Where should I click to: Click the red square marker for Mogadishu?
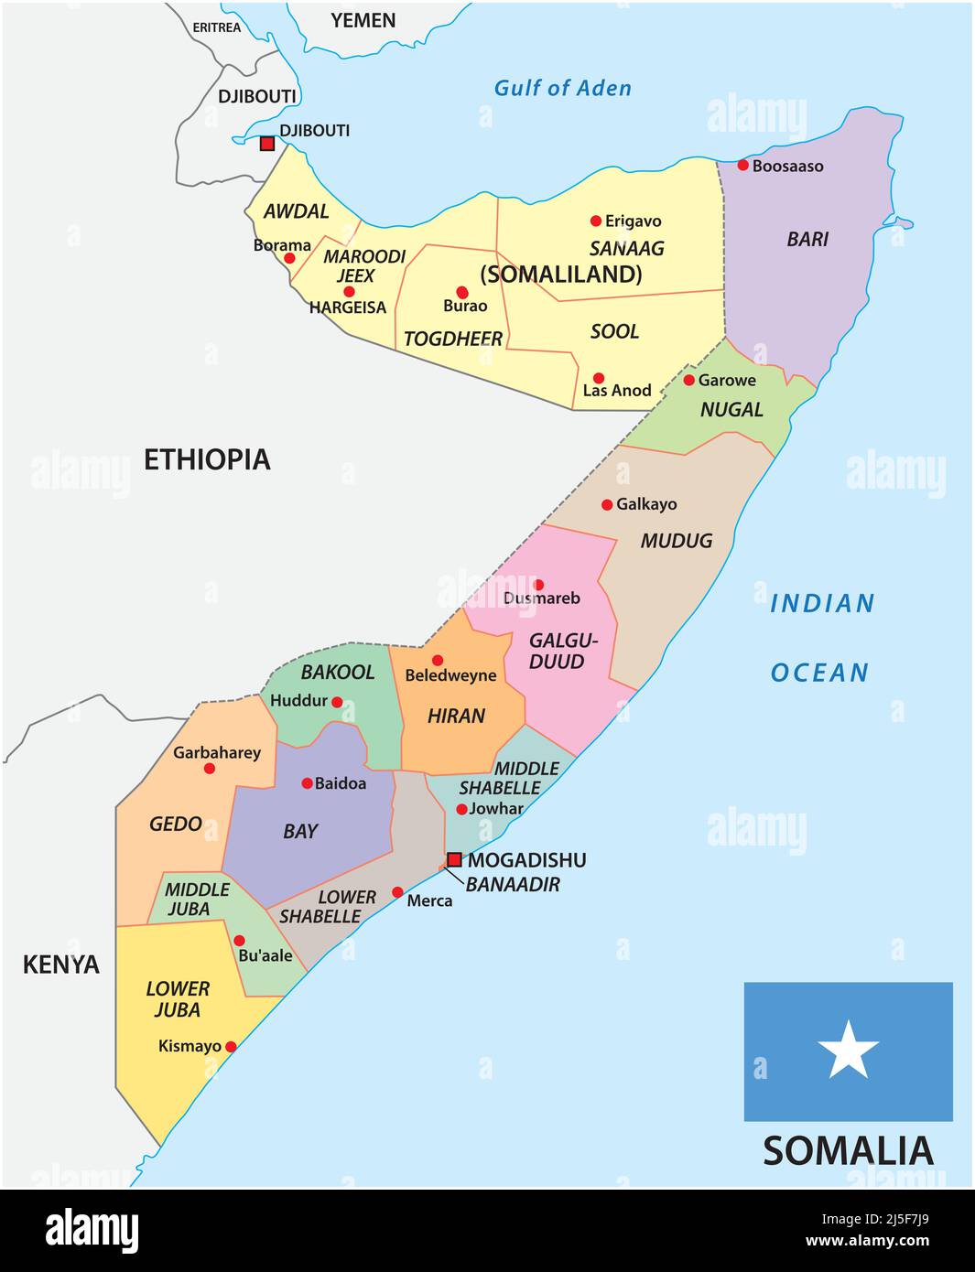[x=454, y=859]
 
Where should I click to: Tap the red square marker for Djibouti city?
[x=267, y=144]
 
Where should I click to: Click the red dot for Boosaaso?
[x=743, y=166]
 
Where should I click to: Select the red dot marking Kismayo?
[x=231, y=1047]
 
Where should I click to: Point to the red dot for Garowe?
[x=688, y=380]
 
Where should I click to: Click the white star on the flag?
[x=848, y=1050]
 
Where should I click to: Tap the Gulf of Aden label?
[x=562, y=89]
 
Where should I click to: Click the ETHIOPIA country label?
[x=207, y=459]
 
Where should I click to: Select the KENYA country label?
[x=61, y=965]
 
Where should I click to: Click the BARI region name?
[x=807, y=240]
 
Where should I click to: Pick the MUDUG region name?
[x=676, y=541]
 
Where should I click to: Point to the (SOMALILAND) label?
[x=561, y=275]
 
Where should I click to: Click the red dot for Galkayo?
[x=607, y=505]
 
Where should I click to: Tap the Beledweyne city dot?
[x=438, y=661]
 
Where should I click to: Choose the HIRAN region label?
[x=456, y=716]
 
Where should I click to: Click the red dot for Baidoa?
[x=307, y=783]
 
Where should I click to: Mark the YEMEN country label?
[x=363, y=20]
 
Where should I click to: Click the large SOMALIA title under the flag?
[x=848, y=1151]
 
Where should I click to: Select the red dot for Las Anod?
[x=598, y=378]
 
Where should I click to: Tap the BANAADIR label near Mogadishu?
[x=513, y=884]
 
